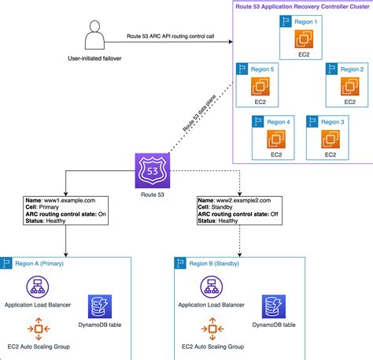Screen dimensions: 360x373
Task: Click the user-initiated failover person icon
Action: (x=94, y=37)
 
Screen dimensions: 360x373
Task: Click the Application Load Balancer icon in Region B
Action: (x=210, y=287)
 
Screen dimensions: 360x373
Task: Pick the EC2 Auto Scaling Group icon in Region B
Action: (x=210, y=325)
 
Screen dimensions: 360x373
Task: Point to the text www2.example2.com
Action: (x=235, y=202)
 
